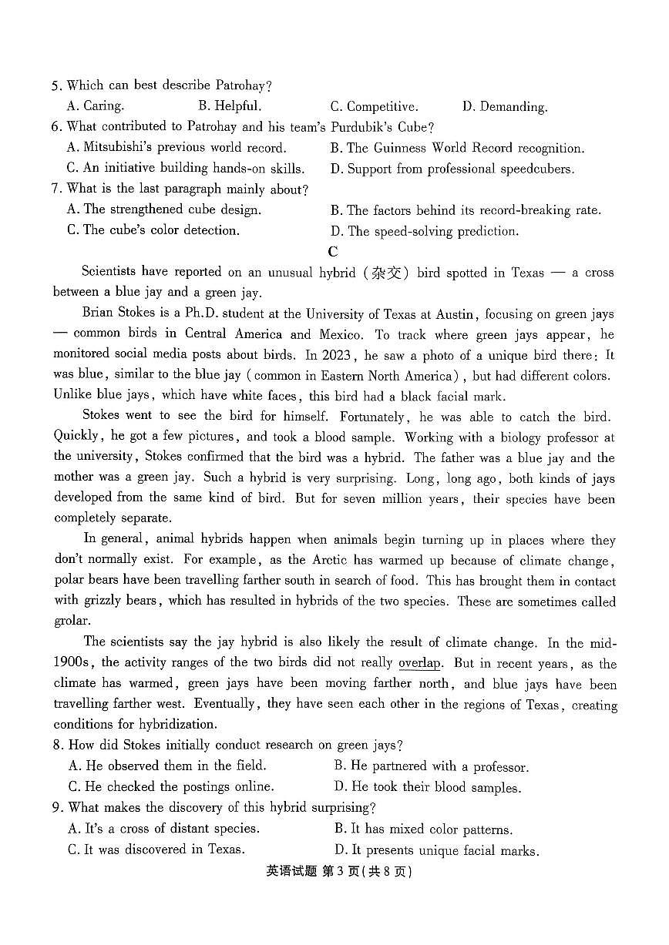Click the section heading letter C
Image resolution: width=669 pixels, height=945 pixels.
332,251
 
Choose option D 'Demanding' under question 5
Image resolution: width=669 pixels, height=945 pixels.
505,107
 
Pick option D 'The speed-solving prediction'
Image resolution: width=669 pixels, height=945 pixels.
425,231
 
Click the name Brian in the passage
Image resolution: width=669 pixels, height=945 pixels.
99,313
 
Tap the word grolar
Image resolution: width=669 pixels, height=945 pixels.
72,622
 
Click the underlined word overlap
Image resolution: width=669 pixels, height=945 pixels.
419,663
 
